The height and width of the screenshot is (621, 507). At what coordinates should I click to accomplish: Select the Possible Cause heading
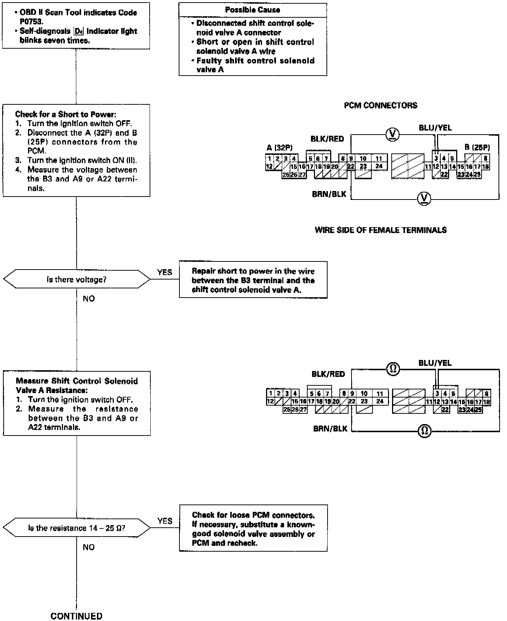pos(252,10)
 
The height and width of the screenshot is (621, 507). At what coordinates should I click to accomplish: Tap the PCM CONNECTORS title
pos(381,105)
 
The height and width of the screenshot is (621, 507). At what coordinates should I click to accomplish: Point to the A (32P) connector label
pos(279,148)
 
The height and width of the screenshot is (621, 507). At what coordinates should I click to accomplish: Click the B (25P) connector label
pos(477,148)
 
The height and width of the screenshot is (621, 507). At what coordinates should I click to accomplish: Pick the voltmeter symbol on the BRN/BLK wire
pos(424,199)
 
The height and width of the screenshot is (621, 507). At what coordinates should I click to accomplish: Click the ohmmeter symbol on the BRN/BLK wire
pos(424,431)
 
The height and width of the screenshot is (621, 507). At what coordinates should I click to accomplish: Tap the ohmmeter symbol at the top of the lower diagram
pos(393,369)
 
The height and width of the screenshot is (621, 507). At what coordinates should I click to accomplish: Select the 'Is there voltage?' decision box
pos(77,280)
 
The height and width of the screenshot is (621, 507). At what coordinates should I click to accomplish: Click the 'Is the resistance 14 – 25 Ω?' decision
pos(77,528)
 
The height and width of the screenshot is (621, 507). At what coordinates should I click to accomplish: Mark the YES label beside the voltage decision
pos(164,272)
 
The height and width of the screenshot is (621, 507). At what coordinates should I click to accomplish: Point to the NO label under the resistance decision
pos(88,547)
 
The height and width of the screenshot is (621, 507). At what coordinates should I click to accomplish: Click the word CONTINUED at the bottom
pos(76,616)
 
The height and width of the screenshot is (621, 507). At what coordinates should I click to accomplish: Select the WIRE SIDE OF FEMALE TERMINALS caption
pos(381,230)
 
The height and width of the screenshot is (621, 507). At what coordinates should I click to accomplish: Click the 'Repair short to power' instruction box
pos(253,280)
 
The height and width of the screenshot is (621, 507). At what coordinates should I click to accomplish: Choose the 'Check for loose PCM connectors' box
pos(253,528)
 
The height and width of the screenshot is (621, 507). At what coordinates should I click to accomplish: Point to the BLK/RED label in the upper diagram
pos(327,139)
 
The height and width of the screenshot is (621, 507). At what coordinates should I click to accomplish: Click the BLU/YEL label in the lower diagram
pos(435,363)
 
